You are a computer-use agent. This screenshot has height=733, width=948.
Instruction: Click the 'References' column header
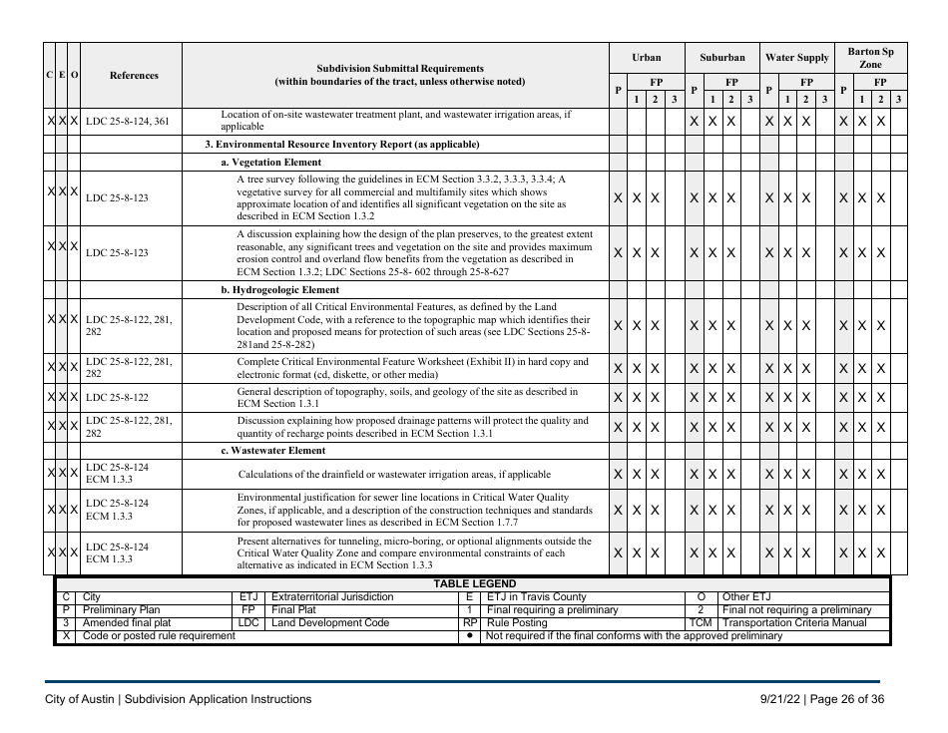point(133,75)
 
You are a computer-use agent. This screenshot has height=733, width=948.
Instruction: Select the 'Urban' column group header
point(646,58)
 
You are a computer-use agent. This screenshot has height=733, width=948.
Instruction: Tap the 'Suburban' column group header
point(721,58)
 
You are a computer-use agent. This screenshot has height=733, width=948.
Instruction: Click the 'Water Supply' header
point(796,58)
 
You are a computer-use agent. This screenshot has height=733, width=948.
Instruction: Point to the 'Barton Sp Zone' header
point(871,58)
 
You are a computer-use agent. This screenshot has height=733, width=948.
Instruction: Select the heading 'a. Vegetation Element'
point(271,161)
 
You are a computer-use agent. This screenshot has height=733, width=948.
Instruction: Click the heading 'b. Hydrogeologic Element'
point(279,290)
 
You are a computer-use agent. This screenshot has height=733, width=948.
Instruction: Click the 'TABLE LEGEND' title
point(474,583)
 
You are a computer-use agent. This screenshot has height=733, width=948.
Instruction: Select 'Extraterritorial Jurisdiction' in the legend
point(332,596)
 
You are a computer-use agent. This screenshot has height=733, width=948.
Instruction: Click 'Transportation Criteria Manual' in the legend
point(794,622)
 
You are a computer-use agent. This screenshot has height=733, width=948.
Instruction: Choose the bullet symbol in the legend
point(469,635)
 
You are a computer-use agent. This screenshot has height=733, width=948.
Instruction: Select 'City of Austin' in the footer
point(80,699)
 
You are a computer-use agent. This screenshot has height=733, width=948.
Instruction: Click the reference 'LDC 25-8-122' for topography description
point(117,397)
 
